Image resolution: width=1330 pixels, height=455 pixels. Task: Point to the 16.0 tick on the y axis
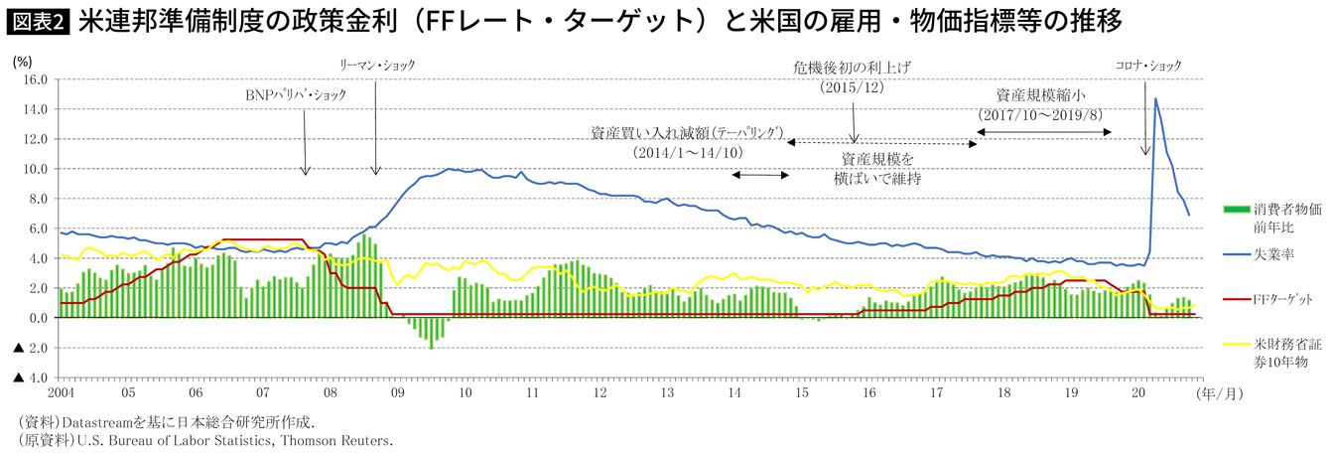click(35, 79)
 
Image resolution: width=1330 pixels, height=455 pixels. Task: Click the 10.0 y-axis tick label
click(35, 169)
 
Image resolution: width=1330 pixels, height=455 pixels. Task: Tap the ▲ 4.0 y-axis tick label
click(29, 379)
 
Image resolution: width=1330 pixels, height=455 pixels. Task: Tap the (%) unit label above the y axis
click(23, 61)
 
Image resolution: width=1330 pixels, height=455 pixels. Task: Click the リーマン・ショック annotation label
click(376, 66)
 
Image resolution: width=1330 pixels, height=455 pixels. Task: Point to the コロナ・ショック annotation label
click(1148, 66)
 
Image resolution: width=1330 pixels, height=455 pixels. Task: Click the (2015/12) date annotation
click(853, 87)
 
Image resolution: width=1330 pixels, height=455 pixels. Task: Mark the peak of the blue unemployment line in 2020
click(1155, 98)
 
